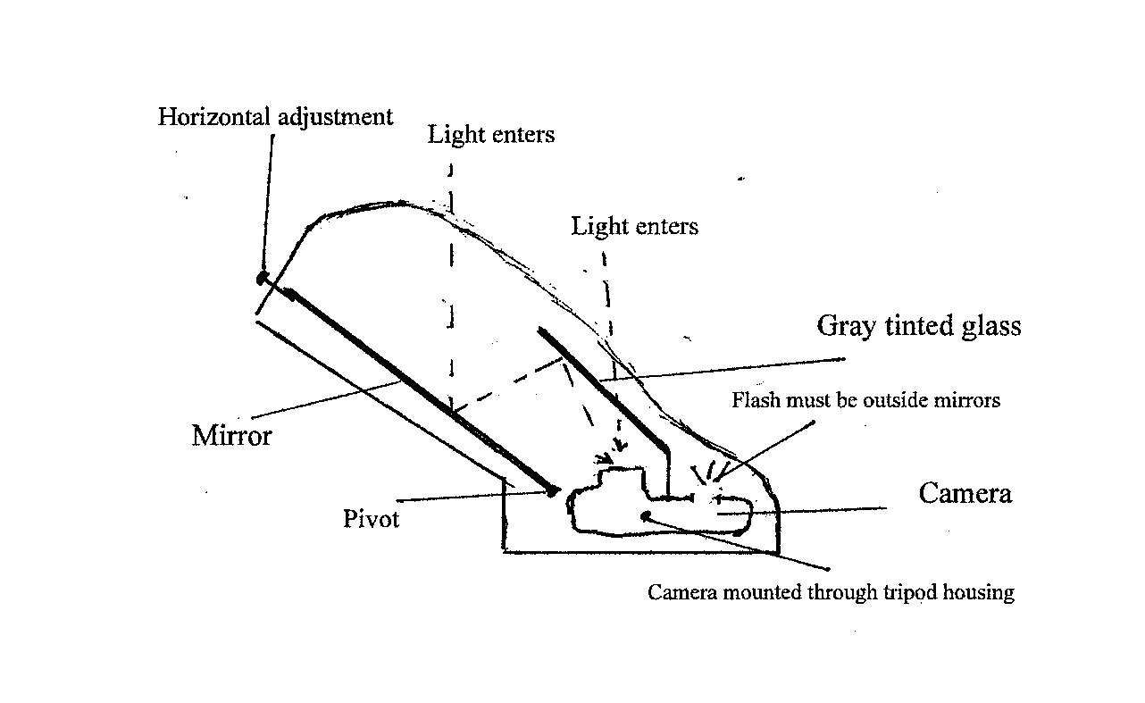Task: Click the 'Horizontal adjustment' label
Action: (x=275, y=117)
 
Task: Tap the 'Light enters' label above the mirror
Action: (x=490, y=135)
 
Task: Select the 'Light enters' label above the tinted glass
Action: (x=634, y=227)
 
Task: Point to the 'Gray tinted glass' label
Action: (x=918, y=326)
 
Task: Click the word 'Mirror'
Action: (x=231, y=436)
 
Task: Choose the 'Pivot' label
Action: (x=372, y=519)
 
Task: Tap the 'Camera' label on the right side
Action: (x=965, y=493)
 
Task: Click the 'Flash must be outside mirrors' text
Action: (x=865, y=400)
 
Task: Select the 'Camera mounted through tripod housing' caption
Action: (x=831, y=592)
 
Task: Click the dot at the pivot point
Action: (x=554, y=490)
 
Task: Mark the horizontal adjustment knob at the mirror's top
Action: (x=263, y=279)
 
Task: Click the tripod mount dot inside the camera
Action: (x=645, y=515)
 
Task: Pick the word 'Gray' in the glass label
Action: (x=847, y=326)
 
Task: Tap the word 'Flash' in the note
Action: (x=756, y=400)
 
